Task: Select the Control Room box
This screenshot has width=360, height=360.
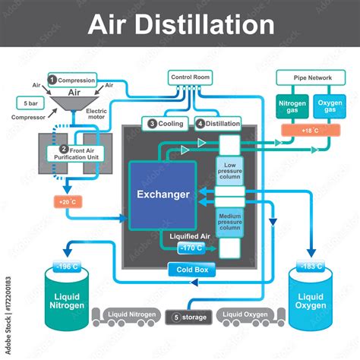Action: pyautogui.click(x=191, y=77)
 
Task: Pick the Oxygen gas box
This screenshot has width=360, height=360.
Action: pyautogui.click(x=328, y=108)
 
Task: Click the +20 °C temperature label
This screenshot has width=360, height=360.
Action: pyautogui.click(x=65, y=202)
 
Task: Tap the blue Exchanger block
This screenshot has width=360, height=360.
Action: pyautogui.click(x=163, y=194)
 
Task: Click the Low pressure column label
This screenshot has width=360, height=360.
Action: pyautogui.click(x=230, y=171)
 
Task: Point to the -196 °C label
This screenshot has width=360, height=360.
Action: pyautogui.click(x=65, y=267)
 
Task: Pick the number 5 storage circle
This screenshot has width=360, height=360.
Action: pyautogui.click(x=176, y=317)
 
